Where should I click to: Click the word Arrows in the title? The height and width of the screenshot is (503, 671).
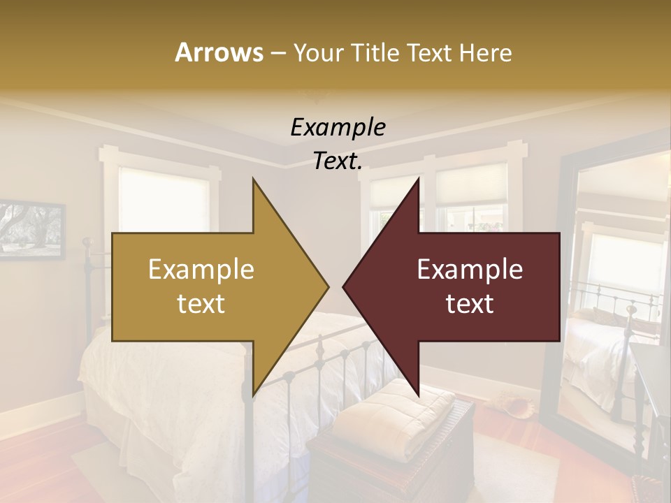coord(219,52)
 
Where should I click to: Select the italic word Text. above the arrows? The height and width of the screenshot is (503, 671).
coord(338,161)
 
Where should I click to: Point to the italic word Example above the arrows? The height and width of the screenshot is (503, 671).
coord(338,128)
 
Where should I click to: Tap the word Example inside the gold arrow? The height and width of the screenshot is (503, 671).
coord(201,270)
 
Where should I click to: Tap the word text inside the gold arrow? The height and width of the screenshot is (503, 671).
coord(201,303)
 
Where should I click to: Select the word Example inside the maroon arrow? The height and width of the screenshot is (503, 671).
coord(470,270)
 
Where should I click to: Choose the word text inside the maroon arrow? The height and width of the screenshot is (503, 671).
coord(470,303)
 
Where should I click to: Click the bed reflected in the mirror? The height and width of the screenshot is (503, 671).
coord(601,342)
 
